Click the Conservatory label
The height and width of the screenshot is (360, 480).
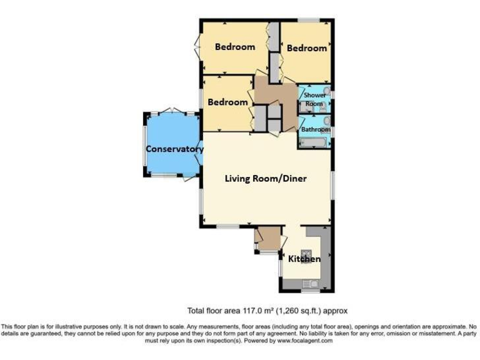174,149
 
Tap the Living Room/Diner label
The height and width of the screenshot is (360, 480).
266,178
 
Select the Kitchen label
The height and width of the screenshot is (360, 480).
304,259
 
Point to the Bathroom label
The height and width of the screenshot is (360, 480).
316,129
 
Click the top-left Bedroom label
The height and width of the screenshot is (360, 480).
235,47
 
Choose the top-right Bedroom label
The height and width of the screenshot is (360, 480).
307,48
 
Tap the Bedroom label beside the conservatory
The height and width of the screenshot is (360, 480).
227,102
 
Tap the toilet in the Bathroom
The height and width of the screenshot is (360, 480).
326,120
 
